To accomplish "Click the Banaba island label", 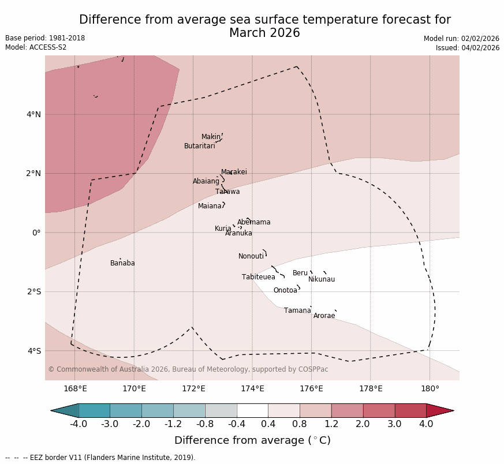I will (122, 263).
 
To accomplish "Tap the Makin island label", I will (211, 137).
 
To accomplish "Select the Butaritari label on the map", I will (200, 146).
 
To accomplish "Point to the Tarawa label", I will (227, 192).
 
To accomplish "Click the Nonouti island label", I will (251, 256).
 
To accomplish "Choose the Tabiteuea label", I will (259, 277).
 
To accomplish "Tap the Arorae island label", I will (324, 316).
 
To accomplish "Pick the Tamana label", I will (297, 310).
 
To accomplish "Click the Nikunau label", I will (322, 279).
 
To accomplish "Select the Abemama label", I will (253, 222).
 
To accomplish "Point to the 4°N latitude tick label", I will (33, 114).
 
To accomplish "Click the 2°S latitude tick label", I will (33, 291).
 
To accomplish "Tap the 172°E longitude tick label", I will (193, 388).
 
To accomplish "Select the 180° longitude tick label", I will (430, 388).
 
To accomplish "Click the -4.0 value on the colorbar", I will (79, 424).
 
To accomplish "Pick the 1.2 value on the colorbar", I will (331, 424).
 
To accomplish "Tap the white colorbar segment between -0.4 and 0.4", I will (252, 410).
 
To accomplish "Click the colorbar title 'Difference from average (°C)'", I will (252, 440).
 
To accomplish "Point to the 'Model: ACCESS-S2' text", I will (36, 47).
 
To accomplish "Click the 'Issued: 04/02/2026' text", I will (468, 48).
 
